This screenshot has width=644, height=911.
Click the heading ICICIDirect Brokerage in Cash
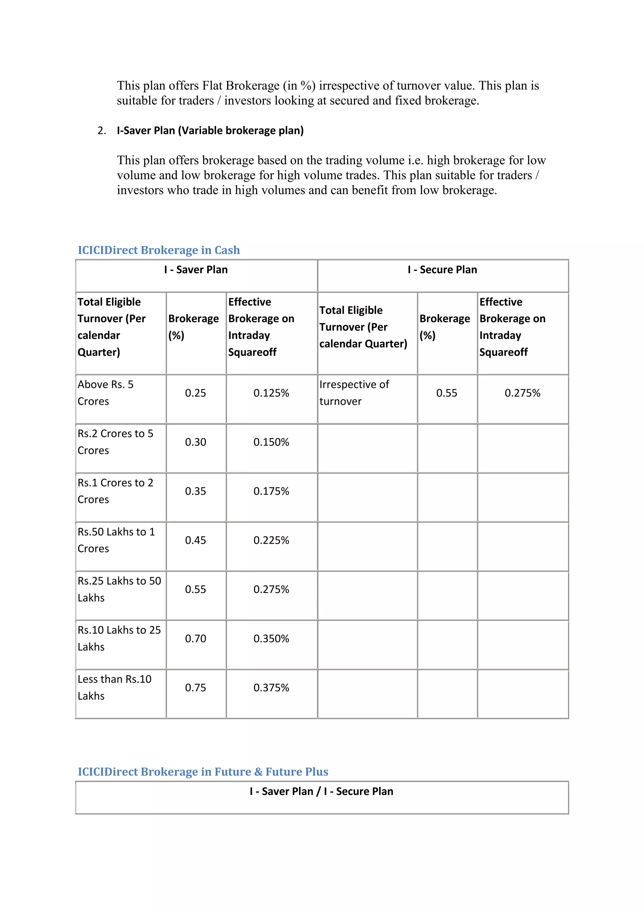(158, 250)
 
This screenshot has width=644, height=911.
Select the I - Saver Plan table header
(196, 270)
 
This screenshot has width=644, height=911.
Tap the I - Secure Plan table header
(442, 270)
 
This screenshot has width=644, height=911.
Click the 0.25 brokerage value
(196, 393)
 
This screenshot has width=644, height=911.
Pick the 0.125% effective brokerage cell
(271, 393)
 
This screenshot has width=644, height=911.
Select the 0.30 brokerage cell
(196, 442)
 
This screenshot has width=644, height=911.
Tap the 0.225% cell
(271, 540)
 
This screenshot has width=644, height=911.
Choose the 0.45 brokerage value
(196, 540)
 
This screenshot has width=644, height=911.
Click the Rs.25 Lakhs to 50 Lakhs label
(119, 589)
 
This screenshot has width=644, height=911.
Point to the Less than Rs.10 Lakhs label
(114, 687)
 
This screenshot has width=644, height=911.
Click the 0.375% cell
(271, 688)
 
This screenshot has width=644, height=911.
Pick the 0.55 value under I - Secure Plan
(447, 393)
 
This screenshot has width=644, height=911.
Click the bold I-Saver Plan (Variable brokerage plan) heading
(210, 131)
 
